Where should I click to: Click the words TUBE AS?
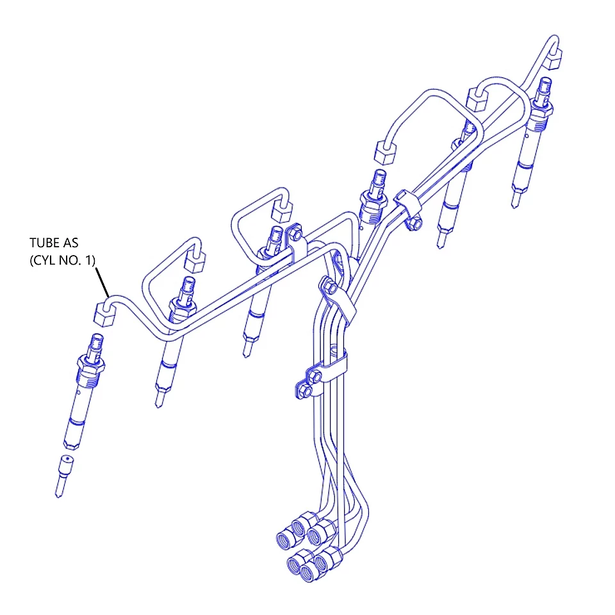pyautogui.click(x=54, y=243)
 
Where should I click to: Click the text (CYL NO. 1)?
pyautogui.click(x=62, y=260)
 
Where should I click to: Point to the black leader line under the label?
pyautogui.click(x=102, y=282)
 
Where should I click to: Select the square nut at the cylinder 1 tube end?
pyautogui.click(x=104, y=314)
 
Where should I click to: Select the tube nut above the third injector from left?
pyautogui.click(x=282, y=212)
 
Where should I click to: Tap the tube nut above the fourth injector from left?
pyautogui.click(x=385, y=152)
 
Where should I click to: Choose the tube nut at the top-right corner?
pyautogui.click(x=553, y=58)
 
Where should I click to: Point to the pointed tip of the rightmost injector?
pyautogui.click(x=514, y=205)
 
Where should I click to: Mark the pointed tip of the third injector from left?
pyautogui.click(x=246, y=354)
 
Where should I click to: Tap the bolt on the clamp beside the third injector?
pyautogui.click(x=296, y=234)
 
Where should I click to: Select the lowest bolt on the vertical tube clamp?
pyautogui.click(x=306, y=391)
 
